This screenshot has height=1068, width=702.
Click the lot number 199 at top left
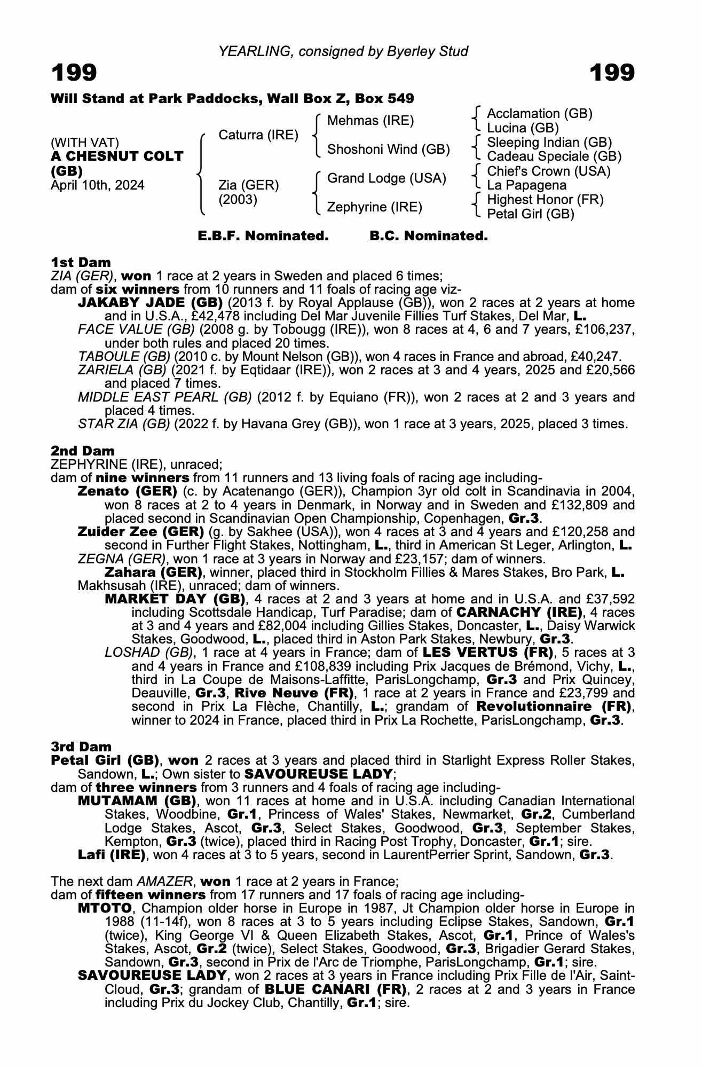(x=74, y=73)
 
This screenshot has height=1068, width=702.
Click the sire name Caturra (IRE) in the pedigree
(x=258, y=135)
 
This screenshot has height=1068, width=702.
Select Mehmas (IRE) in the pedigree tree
(x=370, y=121)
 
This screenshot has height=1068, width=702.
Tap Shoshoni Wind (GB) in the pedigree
(x=388, y=150)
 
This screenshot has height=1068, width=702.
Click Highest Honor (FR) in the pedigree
(x=545, y=200)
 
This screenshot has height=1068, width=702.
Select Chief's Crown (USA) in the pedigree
(x=549, y=171)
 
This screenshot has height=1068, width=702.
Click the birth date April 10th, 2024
(x=97, y=185)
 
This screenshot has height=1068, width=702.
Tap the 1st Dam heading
(x=81, y=262)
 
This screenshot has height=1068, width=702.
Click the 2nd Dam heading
(x=82, y=451)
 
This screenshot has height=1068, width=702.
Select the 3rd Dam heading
(x=81, y=746)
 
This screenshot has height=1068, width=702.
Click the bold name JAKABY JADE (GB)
(x=150, y=303)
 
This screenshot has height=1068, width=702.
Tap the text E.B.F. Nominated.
(x=263, y=236)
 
